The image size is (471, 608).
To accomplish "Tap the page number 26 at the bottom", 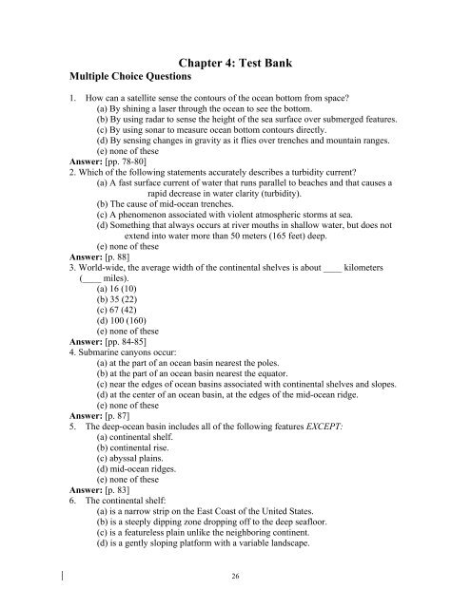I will coord(235,575).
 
